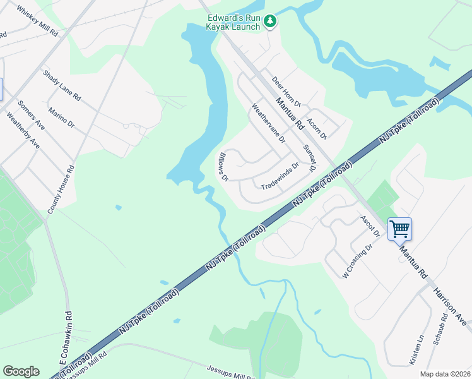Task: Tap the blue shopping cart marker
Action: pos(399,229)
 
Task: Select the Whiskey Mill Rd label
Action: pos(37,21)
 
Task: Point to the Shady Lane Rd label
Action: pos(62,86)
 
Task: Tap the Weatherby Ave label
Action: pos(23,130)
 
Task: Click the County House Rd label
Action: pos(62,188)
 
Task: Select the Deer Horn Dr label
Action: pos(287,91)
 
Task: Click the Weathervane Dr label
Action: pos(268,123)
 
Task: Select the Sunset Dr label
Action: pos(309,159)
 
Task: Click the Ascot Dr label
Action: pos(369,226)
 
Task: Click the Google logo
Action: pos(21,371)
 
